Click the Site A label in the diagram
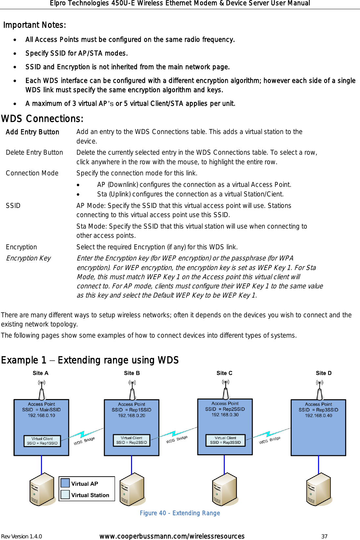pos(40,373)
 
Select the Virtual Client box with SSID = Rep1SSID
pos(42,441)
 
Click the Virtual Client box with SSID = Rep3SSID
pos(225,440)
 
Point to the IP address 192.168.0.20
pos(131,416)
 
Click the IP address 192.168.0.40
pos(318,416)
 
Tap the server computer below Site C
pos(225,489)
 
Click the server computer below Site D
pos(319,489)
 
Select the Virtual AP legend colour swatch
pos(65,483)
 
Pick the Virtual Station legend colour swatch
pos(65,494)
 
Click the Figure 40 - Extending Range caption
pos(180,513)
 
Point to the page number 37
pos(324,536)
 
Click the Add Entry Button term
pos(33,132)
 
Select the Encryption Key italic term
pos(29,258)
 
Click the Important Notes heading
pos(34,25)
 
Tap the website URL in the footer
pos(172,536)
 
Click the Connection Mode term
pos(32,173)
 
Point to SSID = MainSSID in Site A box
pos(41,410)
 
